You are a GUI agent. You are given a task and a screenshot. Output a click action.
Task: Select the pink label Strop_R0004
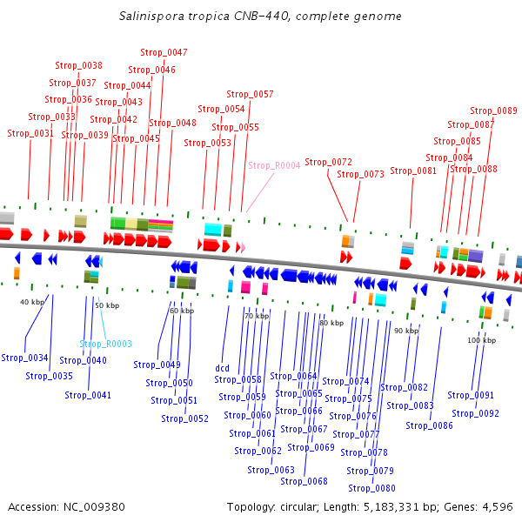[274, 165]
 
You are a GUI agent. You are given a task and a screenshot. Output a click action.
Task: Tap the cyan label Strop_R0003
[105, 345]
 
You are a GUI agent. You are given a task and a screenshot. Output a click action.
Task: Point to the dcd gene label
[223, 368]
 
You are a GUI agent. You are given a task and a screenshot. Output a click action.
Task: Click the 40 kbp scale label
[31, 302]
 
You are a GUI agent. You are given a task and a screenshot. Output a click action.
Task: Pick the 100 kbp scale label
[481, 340]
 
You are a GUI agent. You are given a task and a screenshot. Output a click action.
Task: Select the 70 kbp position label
[257, 316]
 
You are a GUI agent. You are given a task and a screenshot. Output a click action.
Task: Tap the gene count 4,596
[498, 506]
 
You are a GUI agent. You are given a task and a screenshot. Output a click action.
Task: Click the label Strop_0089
[493, 111]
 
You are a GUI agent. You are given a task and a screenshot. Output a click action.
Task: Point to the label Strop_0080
[371, 489]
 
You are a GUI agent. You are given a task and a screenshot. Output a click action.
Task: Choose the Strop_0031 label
[30, 134]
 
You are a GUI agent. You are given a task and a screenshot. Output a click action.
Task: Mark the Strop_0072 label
[328, 163]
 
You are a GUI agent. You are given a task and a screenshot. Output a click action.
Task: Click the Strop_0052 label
[184, 419]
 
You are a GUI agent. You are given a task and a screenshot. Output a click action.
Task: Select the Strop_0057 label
[250, 94]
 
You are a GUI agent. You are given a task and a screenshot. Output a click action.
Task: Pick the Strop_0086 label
[429, 426]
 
